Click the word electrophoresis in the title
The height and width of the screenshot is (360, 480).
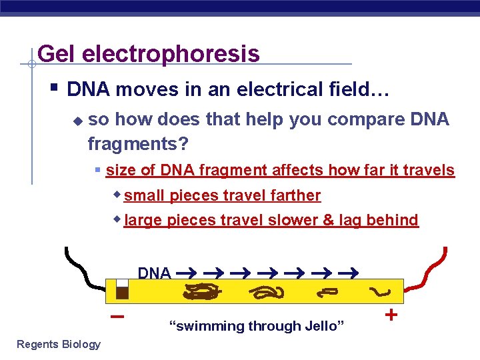(x=171, y=54)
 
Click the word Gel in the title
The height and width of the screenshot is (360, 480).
(x=56, y=53)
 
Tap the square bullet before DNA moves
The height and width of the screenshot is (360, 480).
(x=54, y=87)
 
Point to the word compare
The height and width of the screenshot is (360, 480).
(x=366, y=120)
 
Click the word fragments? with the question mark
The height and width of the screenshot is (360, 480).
(x=138, y=143)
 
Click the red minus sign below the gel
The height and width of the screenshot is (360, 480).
(x=117, y=316)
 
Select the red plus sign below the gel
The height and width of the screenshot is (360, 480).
(x=391, y=315)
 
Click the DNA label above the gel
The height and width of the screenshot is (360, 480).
(x=154, y=273)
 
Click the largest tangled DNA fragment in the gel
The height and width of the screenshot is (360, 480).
(x=202, y=291)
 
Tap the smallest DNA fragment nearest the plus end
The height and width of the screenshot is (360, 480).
(x=380, y=292)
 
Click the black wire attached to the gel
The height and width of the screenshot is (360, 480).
(x=83, y=271)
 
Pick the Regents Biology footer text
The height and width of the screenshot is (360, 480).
(x=59, y=345)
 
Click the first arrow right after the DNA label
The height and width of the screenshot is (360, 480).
(x=186, y=273)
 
